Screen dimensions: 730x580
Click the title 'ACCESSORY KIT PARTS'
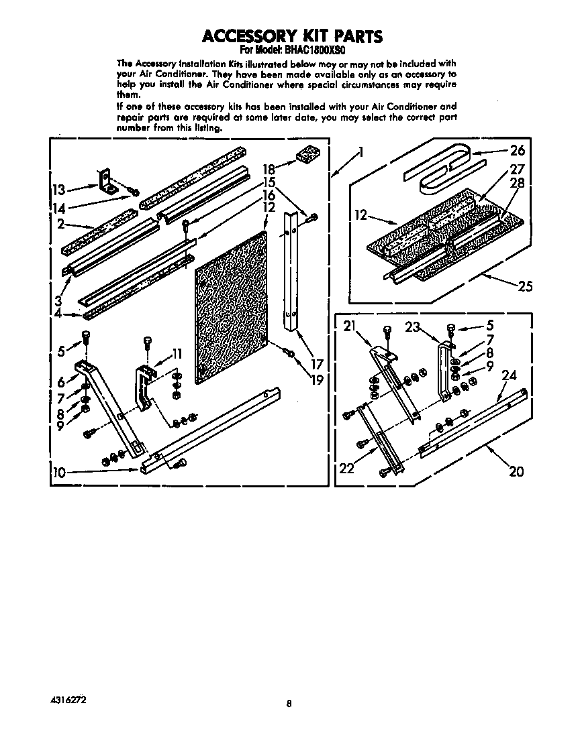[293, 35]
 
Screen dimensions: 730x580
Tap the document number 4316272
[68, 699]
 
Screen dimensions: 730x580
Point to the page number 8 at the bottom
[289, 703]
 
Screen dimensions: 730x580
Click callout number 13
[59, 190]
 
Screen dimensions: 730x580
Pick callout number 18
[269, 169]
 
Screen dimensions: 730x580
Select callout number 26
[517, 150]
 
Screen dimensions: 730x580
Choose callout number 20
[516, 471]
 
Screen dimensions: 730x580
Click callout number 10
[59, 473]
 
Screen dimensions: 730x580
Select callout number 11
[177, 353]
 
